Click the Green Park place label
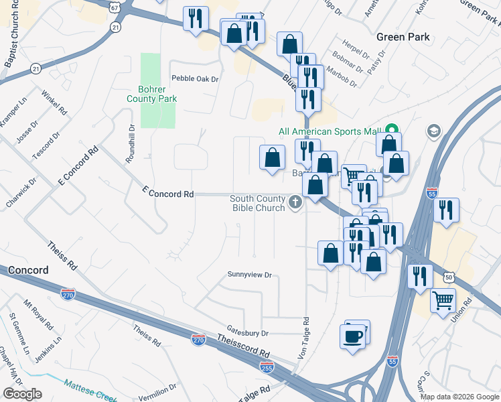403,37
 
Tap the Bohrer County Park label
152,94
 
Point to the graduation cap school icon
434,130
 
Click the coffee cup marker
352,335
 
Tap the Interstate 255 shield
267,366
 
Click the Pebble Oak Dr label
195,78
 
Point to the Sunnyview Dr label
249,275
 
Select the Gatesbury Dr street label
247,332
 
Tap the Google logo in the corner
23,394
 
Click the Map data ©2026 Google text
459,397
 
